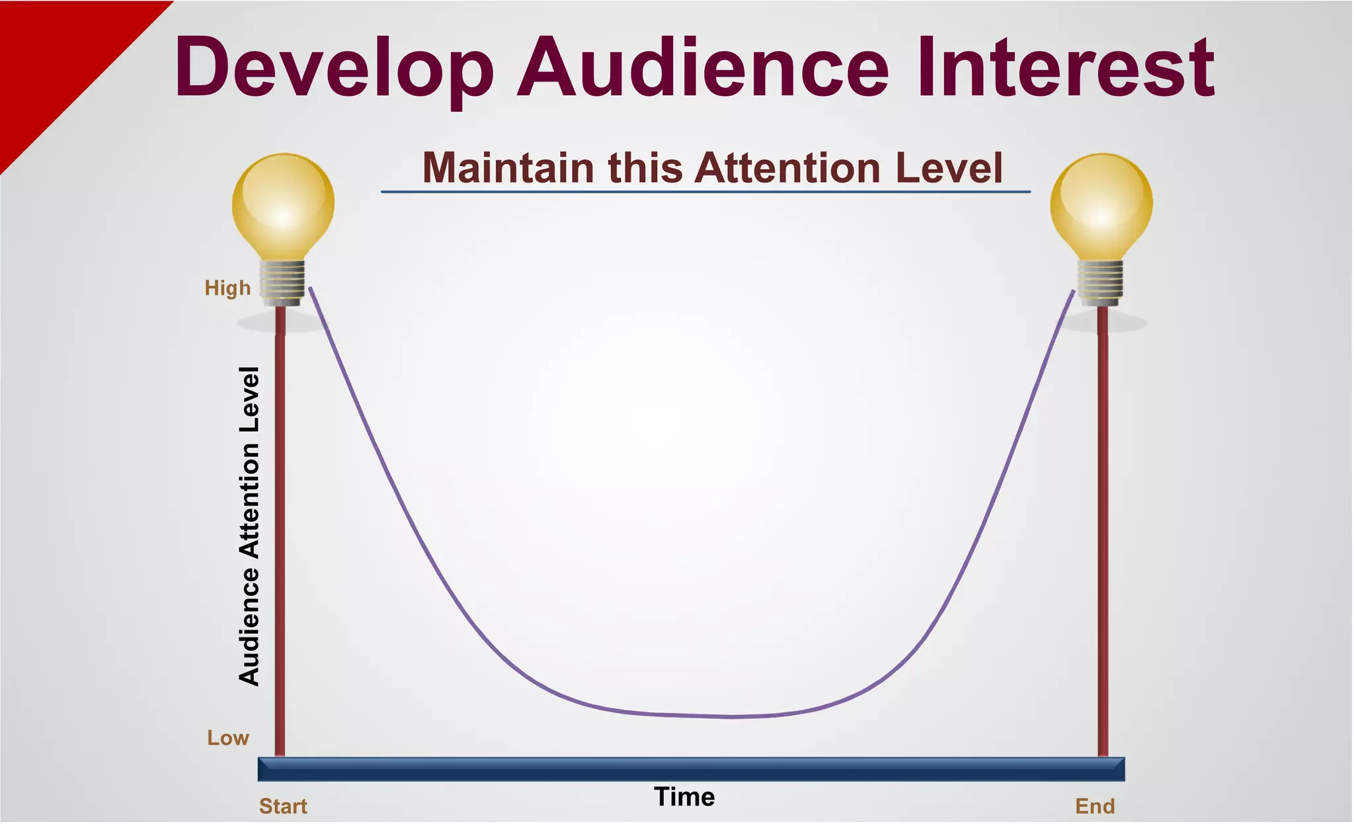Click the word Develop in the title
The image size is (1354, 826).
(334, 67)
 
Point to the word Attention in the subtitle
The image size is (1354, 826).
(786, 168)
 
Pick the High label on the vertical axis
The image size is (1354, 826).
(227, 288)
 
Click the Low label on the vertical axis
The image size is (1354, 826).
(228, 738)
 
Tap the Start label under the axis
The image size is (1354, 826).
(283, 807)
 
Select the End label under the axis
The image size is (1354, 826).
(1095, 807)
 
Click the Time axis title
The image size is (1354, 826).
(684, 798)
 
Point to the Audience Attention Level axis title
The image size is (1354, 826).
(249, 526)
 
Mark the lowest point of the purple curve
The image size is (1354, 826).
(731, 716)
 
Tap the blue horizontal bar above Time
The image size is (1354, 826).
(691, 769)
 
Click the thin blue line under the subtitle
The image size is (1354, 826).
(705, 192)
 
